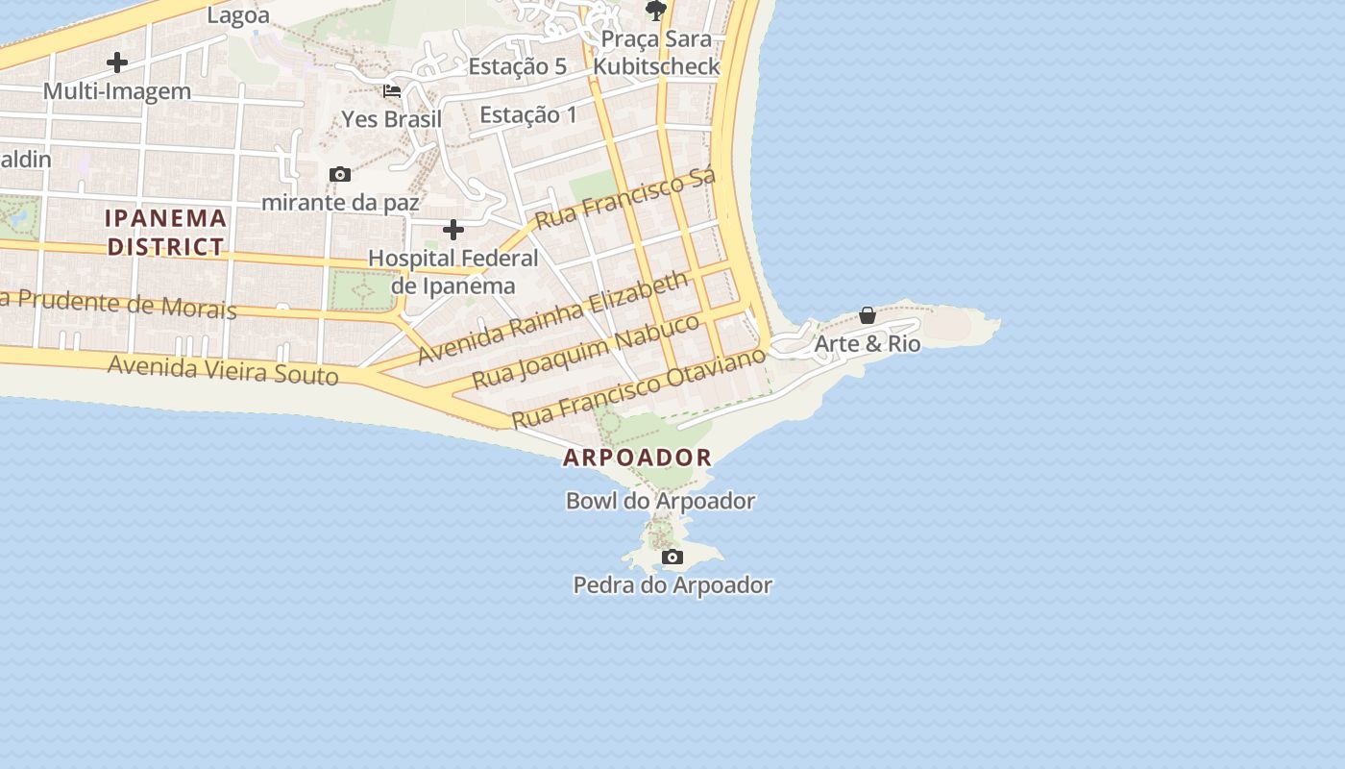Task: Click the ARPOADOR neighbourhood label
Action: [x=638, y=458]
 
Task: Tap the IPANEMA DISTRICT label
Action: [x=166, y=233]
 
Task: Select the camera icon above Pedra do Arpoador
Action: [x=672, y=557]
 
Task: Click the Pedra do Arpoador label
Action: [x=672, y=584]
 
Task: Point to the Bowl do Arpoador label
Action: [x=660, y=501]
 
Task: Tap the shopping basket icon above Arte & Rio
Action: [x=868, y=315]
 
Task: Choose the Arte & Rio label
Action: [x=868, y=343]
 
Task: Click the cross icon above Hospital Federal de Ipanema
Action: [x=453, y=230]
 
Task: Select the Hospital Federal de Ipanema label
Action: [x=453, y=272]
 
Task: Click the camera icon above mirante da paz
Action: [x=339, y=174]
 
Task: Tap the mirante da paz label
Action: [x=340, y=203]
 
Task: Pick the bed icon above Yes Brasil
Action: [x=392, y=91]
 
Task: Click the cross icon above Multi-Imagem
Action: [x=117, y=62]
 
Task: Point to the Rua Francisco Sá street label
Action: [x=625, y=200]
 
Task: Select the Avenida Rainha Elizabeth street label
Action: [x=553, y=316]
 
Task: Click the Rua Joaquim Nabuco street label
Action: [x=587, y=351]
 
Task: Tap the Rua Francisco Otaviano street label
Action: [x=639, y=386]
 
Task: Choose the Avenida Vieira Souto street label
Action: [x=223, y=370]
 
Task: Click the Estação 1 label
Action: [x=528, y=115]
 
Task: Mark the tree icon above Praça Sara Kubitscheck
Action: [x=656, y=12]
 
